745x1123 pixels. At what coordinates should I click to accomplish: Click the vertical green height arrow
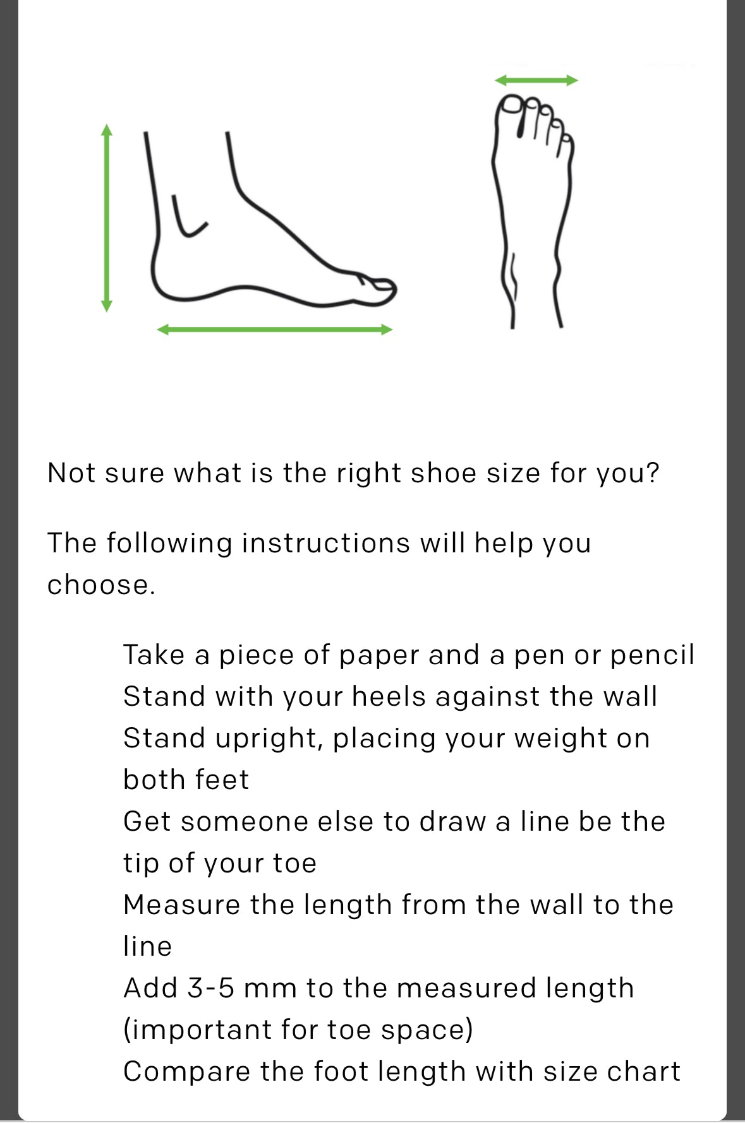[x=107, y=218]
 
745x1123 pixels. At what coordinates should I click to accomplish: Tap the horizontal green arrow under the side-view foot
[x=275, y=330]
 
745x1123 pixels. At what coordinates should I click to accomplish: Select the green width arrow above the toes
[x=536, y=80]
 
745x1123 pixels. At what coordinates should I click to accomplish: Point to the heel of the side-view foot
[x=162, y=278]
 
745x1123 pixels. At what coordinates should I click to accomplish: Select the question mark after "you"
[x=653, y=473]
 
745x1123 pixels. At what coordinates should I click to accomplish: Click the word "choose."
[x=101, y=585]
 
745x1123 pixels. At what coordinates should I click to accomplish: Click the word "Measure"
[x=182, y=905]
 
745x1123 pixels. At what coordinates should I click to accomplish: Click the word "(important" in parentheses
[x=197, y=1030]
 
